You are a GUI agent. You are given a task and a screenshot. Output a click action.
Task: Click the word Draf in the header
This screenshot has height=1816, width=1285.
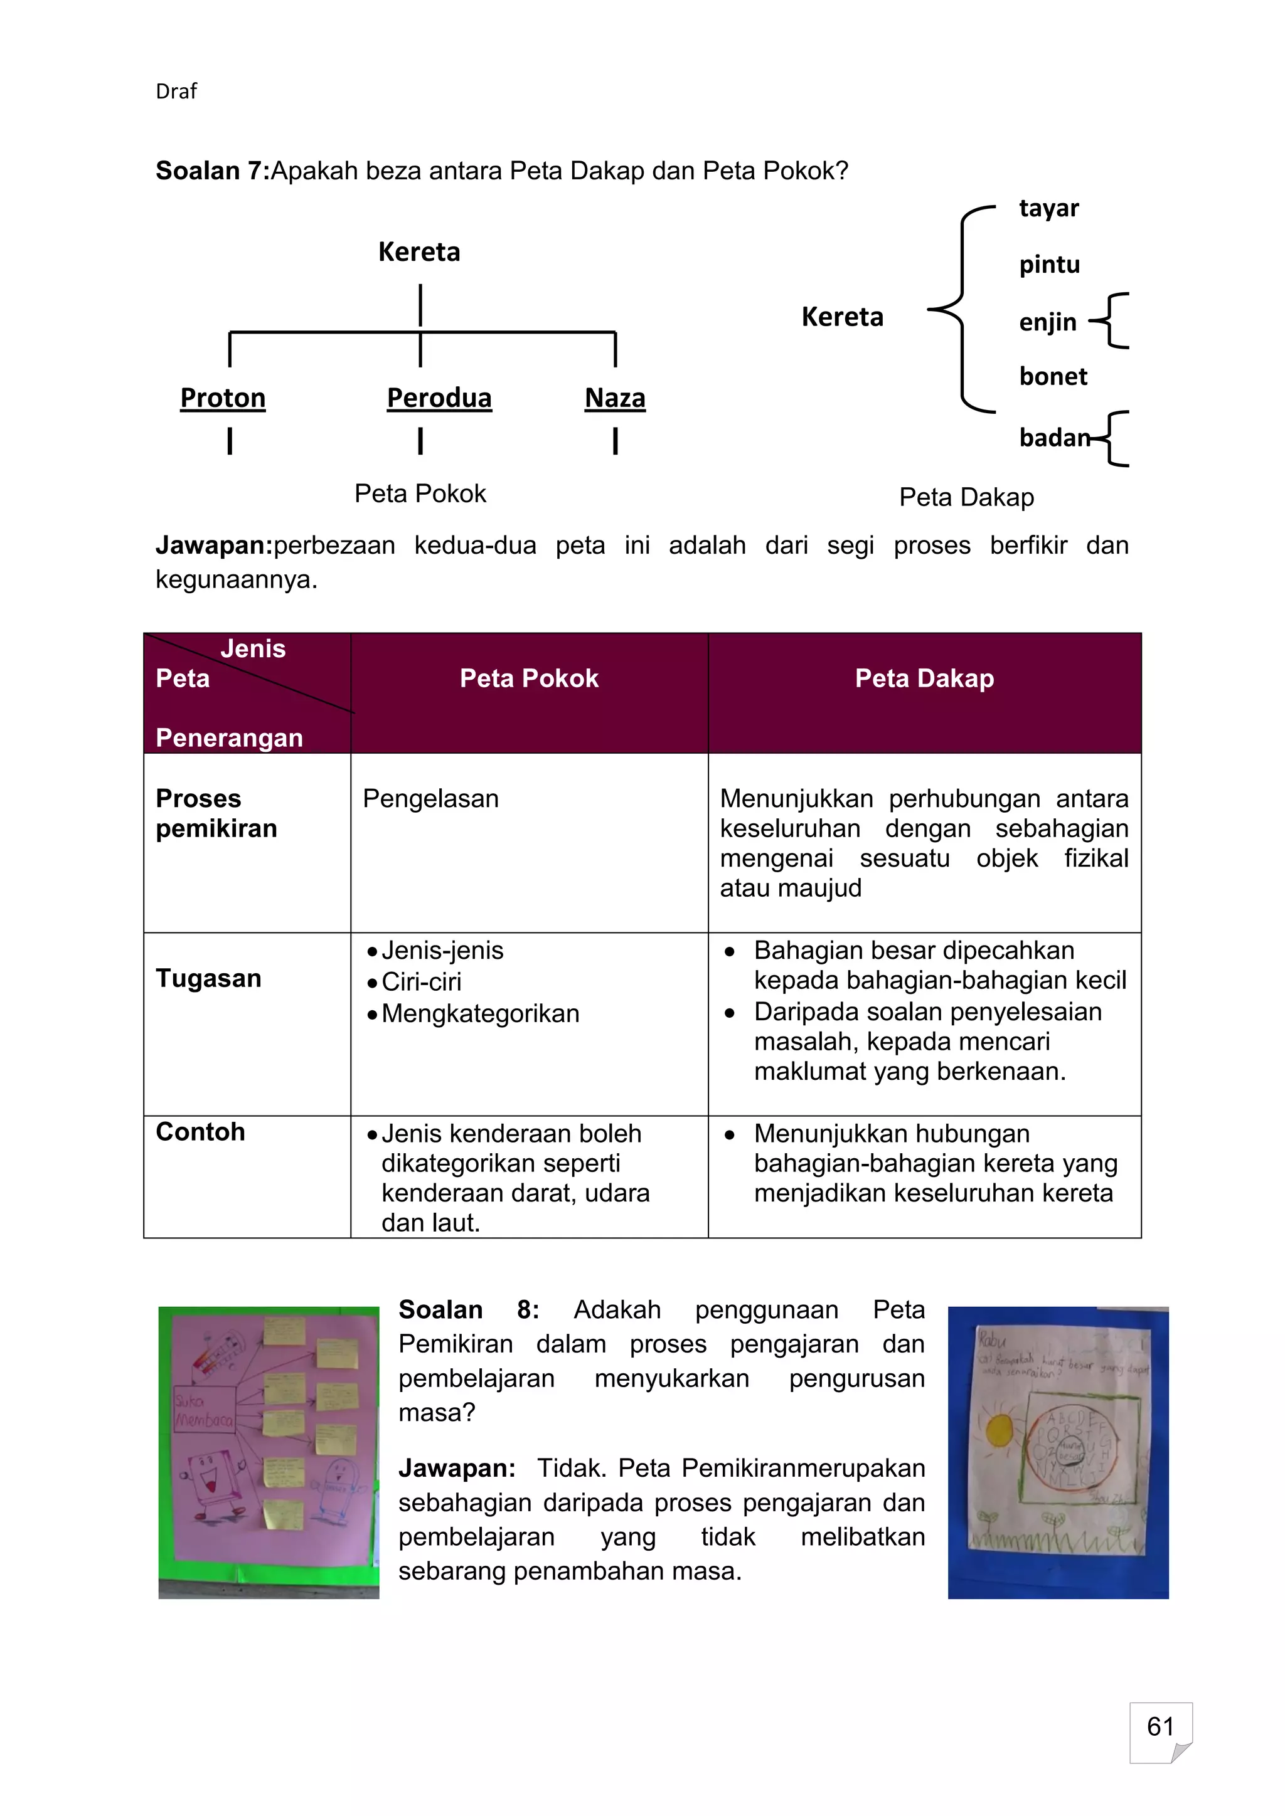tap(176, 92)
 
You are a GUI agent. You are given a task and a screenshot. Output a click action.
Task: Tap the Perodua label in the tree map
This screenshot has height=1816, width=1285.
tap(439, 398)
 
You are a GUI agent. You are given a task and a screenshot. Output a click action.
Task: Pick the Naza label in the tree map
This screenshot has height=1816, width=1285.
tap(615, 398)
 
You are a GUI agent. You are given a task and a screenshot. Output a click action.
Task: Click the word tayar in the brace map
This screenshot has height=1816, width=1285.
tap(1048, 208)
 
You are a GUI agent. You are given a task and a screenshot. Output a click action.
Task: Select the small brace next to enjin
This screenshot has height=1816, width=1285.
tap(1112, 320)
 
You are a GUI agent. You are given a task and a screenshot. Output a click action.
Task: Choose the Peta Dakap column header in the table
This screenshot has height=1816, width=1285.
tap(924, 678)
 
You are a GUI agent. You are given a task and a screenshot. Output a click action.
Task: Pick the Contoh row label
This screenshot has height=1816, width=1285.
tap(200, 1132)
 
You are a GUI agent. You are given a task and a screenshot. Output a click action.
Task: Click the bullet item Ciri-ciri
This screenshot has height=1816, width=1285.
tap(421, 983)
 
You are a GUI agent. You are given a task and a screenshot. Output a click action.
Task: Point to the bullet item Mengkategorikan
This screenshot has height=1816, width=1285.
tap(480, 1014)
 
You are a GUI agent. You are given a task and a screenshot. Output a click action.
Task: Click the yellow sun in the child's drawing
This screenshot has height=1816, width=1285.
tap(1000, 1429)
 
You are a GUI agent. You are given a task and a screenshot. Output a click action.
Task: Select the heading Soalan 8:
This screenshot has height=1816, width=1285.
tap(469, 1310)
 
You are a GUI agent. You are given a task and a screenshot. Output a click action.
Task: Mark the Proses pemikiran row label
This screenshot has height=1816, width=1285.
tap(216, 813)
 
